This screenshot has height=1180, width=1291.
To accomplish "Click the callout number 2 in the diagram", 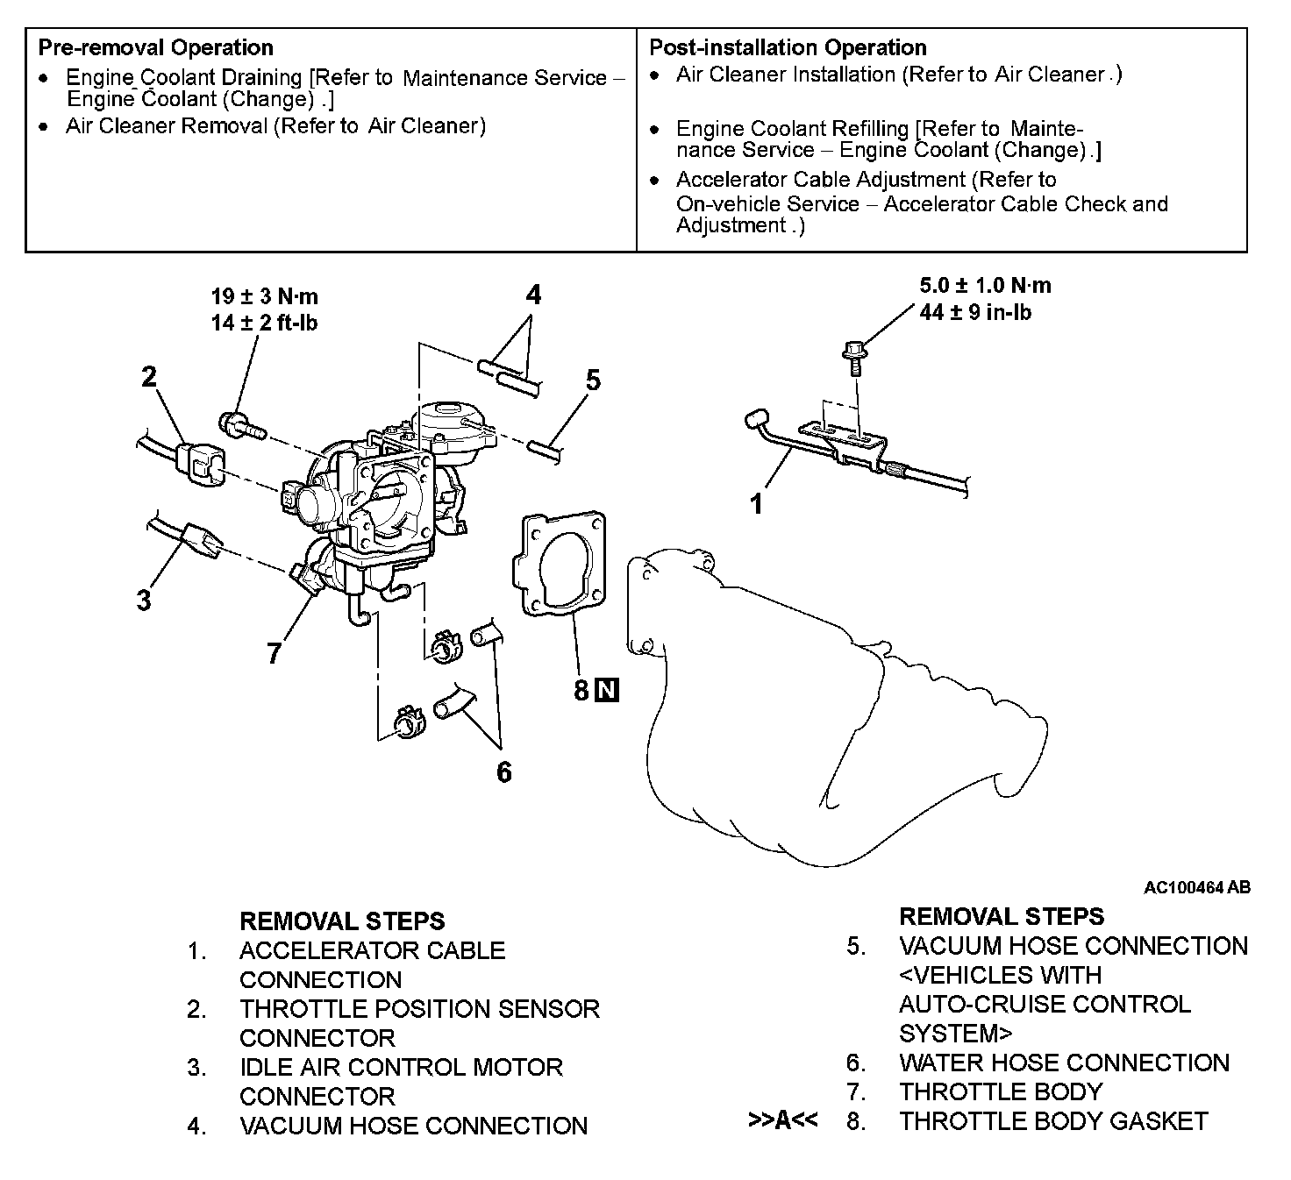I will tap(149, 377).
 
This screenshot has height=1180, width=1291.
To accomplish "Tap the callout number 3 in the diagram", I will tap(144, 601).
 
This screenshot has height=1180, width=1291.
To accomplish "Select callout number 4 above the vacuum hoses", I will tap(533, 295).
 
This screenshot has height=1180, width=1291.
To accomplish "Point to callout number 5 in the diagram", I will tap(594, 380).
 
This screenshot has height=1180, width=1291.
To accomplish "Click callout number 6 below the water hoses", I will tap(503, 771).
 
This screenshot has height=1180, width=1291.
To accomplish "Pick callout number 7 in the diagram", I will tap(275, 653).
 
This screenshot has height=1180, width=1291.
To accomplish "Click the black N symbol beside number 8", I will tap(607, 691).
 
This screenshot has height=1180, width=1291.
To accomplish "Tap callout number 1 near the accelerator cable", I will tap(756, 504).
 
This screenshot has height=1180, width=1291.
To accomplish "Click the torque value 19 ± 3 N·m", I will tap(264, 297).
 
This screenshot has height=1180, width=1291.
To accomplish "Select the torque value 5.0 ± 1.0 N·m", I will tap(985, 286).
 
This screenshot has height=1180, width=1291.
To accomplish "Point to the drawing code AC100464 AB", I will tap(1196, 888).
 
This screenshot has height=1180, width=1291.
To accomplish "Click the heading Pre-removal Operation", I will tap(155, 47).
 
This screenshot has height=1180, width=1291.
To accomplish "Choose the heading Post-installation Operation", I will tap(788, 47).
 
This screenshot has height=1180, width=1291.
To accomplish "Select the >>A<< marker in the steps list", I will tap(783, 1120).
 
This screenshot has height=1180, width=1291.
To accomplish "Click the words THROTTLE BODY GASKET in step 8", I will tap(1053, 1120).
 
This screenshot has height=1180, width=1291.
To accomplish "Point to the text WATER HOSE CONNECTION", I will tap(1064, 1063).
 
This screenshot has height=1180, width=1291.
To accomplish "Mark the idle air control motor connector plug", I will tap(200, 537).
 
